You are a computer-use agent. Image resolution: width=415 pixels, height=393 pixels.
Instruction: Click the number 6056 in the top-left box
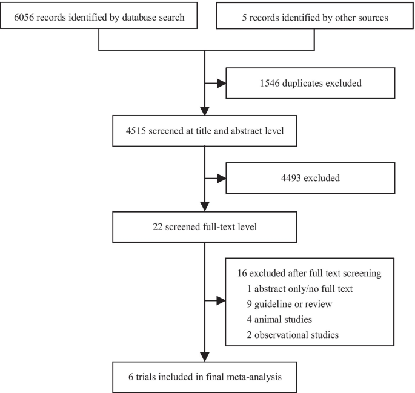click(x=24, y=18)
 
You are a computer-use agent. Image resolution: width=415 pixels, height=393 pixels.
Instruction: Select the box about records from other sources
click(x=314, y=18)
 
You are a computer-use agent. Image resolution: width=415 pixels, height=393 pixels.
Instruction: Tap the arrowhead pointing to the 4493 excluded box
click(x=220, y=179)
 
